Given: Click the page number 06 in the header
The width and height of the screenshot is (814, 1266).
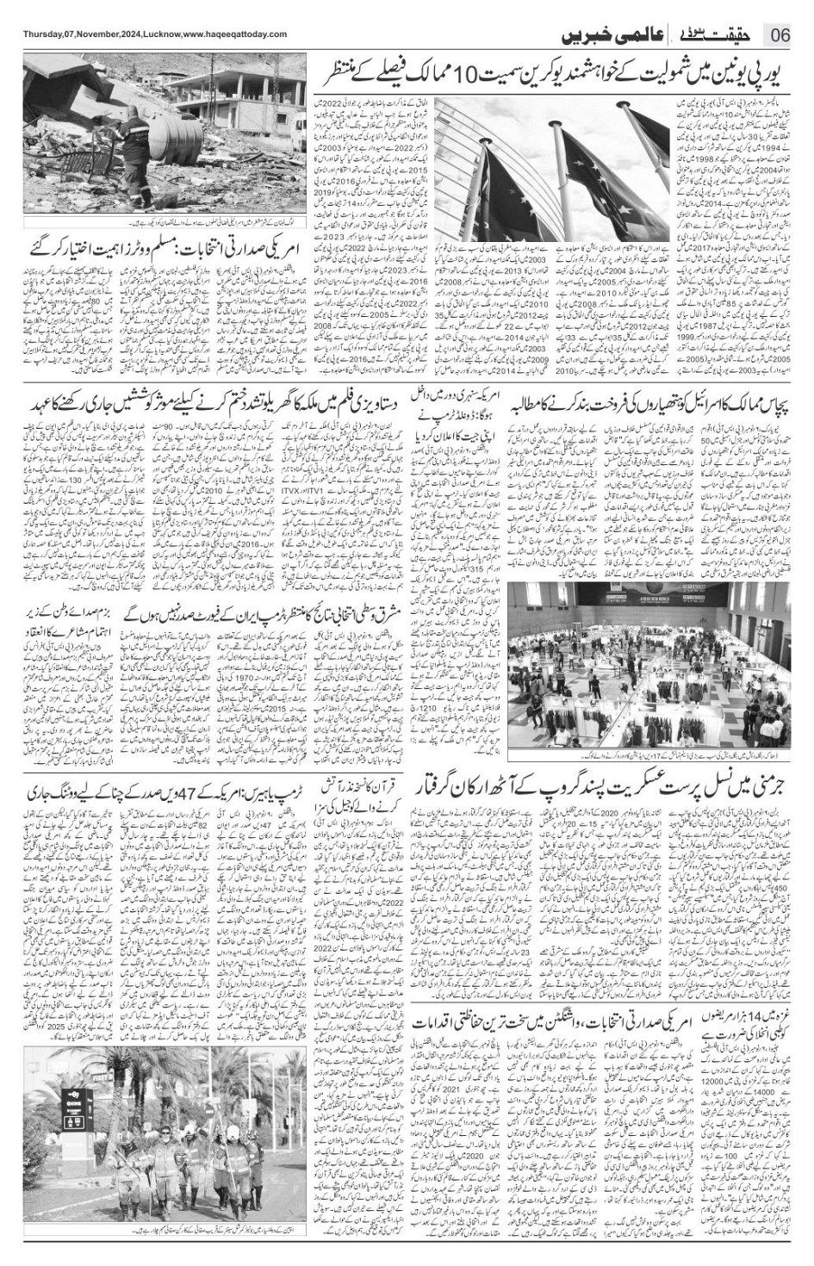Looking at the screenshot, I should click(780, 34).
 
